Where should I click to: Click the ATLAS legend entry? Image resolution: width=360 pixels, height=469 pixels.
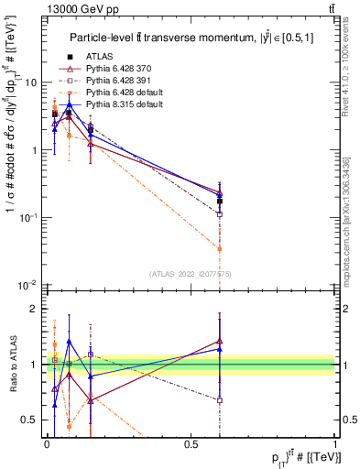click(x=99, y=55)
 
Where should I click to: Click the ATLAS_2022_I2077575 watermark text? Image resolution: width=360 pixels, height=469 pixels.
click(x=190, y=274)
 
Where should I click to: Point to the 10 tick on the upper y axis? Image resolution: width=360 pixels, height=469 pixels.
click(x=30, y=82)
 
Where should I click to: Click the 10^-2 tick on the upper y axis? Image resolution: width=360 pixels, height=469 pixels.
click(x=28, y=286)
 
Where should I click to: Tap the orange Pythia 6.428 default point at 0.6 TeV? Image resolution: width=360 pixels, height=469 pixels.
click(x=220, y=248)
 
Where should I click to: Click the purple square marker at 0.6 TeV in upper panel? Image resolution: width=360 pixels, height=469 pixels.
click(x=220, y=214)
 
